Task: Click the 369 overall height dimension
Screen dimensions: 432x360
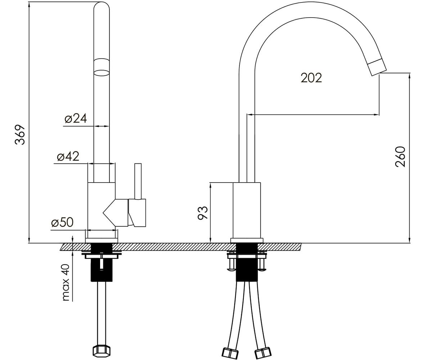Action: tap(20, 135)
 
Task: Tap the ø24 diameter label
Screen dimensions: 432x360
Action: tap(76, 118)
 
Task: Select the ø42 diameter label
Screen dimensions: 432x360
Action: tap(68, 156)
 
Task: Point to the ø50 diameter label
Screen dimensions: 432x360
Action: tap(62, 222)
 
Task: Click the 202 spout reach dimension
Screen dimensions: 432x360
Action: tap(311, 78)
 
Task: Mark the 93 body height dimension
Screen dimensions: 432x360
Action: tap(203, 213)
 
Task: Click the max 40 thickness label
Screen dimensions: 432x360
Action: tap(66, 282)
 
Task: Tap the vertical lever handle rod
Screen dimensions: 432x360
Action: tap(138, 181)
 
